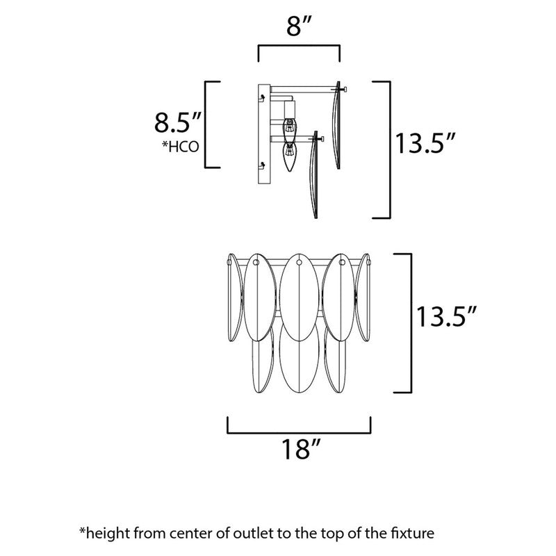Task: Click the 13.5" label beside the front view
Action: click(x=445, y=318)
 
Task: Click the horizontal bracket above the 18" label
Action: click(x=299, y=431)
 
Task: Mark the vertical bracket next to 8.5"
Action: click(x=206, y=124)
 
